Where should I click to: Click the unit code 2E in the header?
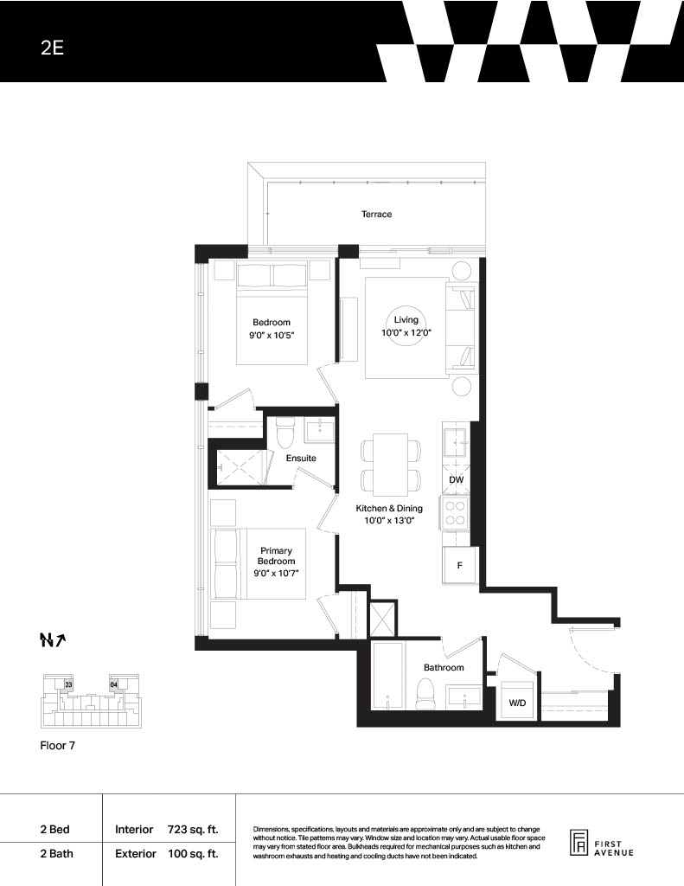[52, 48]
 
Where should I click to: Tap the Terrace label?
[376, 215]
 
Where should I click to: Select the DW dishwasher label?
[456, 479]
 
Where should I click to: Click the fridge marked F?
[460, 565]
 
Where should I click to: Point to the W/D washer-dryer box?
[517, 703]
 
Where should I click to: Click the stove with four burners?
[455, 513]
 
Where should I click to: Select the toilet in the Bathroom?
[425, 694]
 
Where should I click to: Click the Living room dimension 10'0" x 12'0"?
[406, 333]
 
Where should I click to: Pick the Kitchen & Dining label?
[389, 508]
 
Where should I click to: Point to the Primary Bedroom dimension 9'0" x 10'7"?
[276, 573]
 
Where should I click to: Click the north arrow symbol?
[53, 639]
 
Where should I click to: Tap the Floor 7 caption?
[58, 745]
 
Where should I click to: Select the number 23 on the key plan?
[68, 684]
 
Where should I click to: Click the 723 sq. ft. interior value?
[193, 830]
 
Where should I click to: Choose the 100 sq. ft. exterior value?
[193, 854]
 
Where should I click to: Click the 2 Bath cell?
[56, 854]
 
